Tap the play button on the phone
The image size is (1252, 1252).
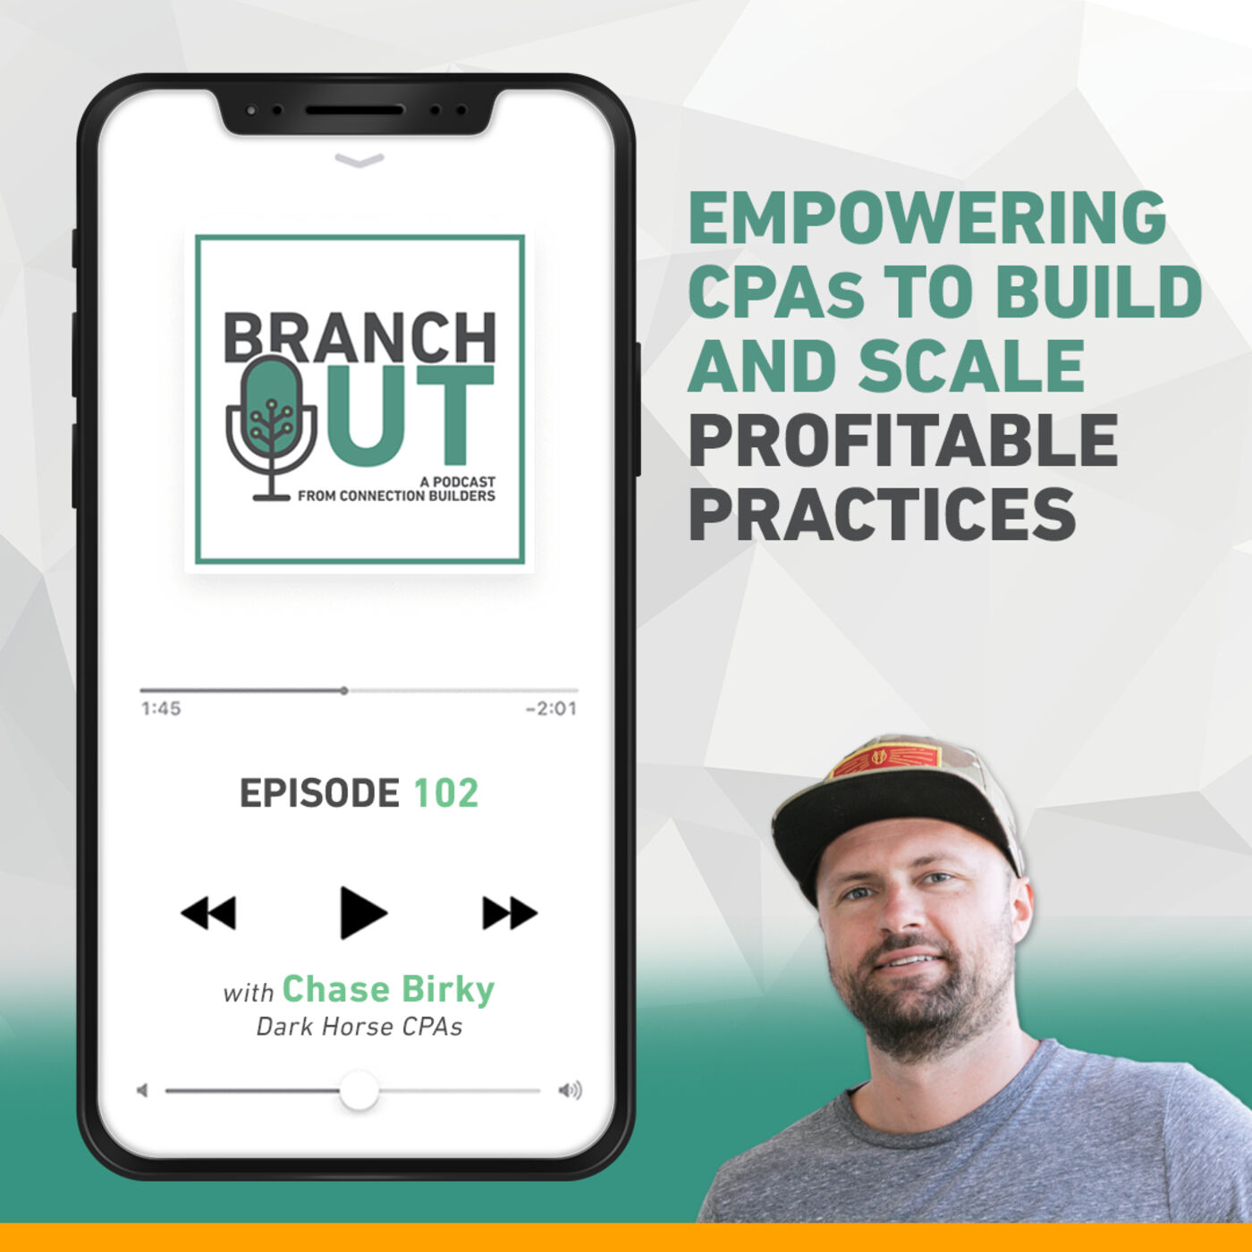pos(361,912)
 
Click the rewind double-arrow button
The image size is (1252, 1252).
pos(207,913)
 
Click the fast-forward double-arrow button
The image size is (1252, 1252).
pos(510,913)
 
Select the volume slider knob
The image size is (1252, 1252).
pos(359,1091)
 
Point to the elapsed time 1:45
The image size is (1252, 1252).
pos(161,708)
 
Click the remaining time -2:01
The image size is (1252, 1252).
pos(551,708)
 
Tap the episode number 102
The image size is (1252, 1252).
pos(445,793)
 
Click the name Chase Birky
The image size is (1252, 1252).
pos(388,990)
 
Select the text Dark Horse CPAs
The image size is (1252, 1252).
pos(360,1028)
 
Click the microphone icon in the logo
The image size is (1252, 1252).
pos(271,427)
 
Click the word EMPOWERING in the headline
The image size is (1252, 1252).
pos(927,217)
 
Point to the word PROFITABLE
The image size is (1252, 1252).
pos(903,440)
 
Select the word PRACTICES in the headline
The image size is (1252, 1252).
pos(883,514)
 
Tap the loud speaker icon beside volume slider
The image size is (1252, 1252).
pos(570,1090)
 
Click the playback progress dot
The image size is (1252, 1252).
pos(343,690)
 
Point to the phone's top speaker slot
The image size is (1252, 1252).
pos(354,111)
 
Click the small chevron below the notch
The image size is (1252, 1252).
pos(360,160)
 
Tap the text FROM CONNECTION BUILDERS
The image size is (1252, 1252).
pos(396,495)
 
